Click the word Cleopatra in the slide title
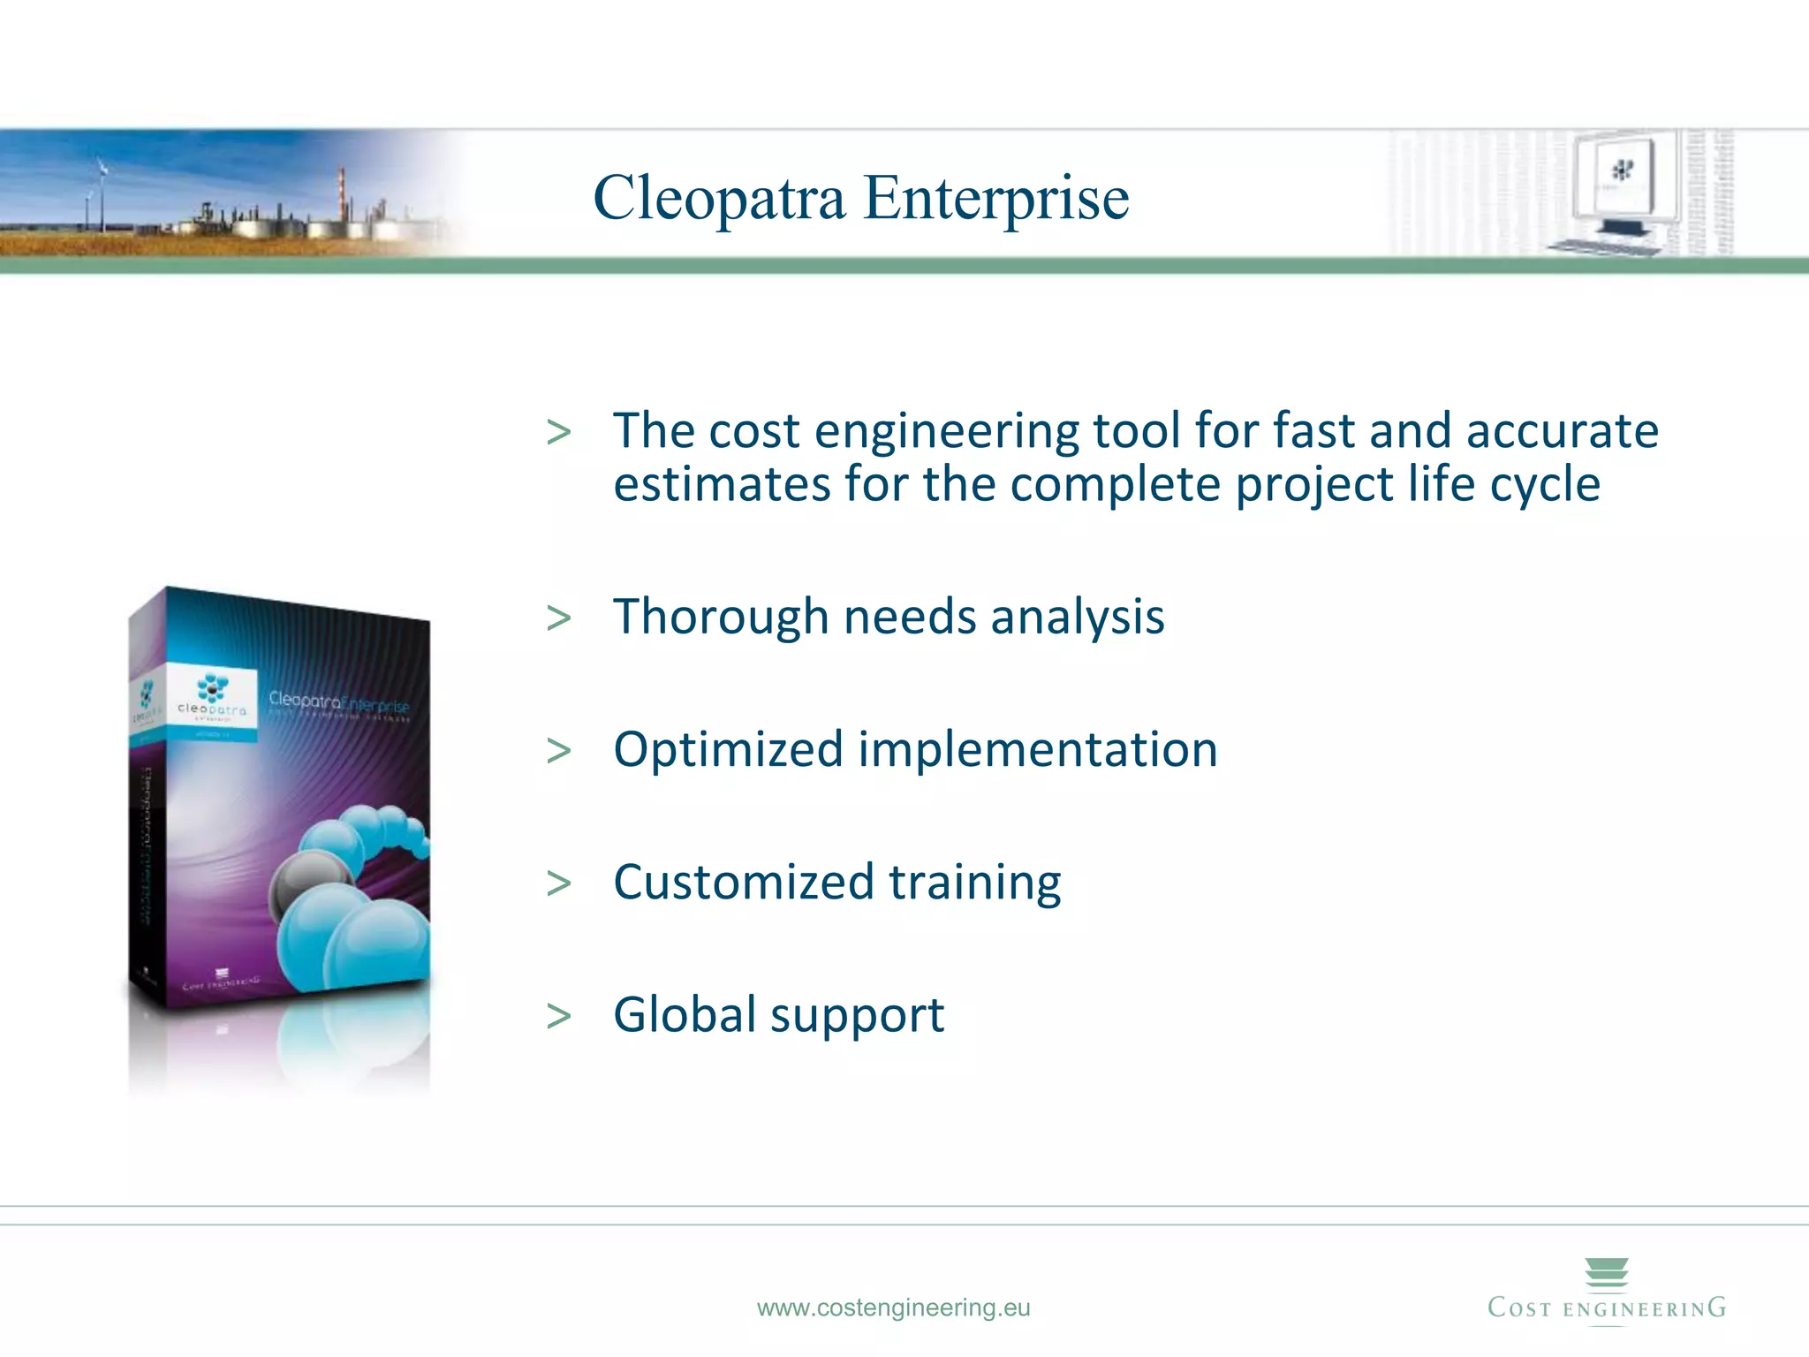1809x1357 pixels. (719, 198)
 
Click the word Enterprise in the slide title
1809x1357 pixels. (995, 198)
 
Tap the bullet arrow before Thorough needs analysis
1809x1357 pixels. (558, 618)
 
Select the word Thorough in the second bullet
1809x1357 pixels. (721, 617)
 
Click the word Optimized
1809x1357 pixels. (728, 750)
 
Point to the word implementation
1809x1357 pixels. (1038, 750)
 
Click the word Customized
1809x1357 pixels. (743, 883)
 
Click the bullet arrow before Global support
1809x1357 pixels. (558, 1016)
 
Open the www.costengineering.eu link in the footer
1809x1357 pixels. (893, 1308)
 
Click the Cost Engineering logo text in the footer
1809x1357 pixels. (1606, 1308)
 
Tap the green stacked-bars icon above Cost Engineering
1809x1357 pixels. (1606, 1273)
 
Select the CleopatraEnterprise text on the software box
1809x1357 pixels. (338, 701)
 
